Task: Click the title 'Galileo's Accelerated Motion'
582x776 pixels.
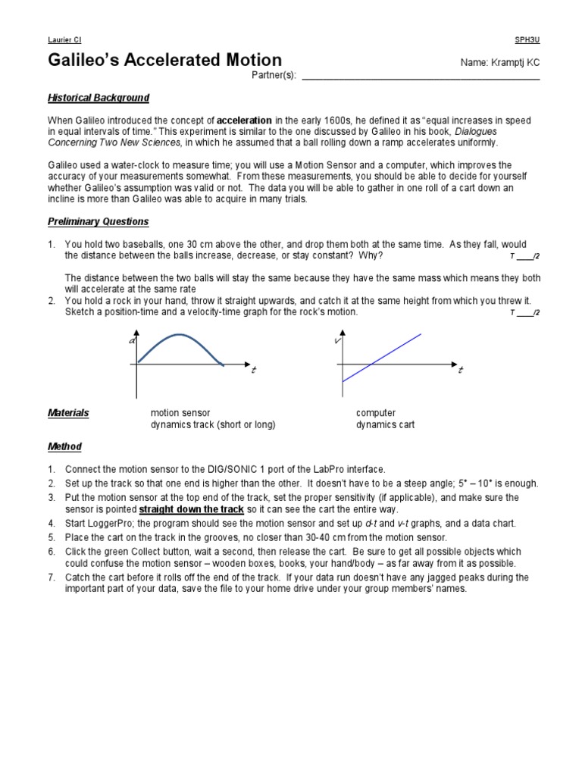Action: click(164, 61)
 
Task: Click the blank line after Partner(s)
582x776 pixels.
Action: click(421, 77)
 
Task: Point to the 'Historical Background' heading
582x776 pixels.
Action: click(99, 98)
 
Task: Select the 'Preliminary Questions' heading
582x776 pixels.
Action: click(99, 222)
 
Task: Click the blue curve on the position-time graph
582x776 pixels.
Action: click(179, 336)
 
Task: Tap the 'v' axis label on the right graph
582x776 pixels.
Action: click(337, 343)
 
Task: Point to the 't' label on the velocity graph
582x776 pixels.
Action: click(460, 370)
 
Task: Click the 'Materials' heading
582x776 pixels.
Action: click(68, 413)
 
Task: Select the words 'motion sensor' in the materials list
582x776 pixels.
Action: click(180, 413)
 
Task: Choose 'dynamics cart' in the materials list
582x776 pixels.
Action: click(385, 425)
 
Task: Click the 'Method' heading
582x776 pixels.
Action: click(64, 447)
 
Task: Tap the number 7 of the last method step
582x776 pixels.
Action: click(51, 577)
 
